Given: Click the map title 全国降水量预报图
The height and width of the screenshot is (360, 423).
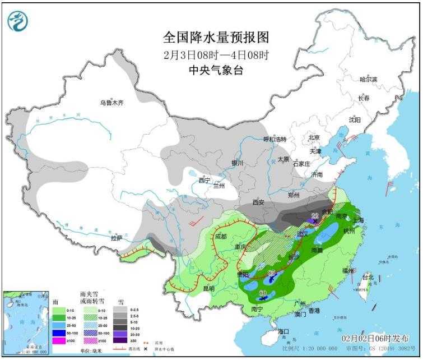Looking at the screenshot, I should pos(216,38).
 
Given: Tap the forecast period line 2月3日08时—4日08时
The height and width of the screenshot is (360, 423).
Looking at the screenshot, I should pos(216,56).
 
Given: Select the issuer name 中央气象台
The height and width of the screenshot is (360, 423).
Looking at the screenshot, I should pos(216,71).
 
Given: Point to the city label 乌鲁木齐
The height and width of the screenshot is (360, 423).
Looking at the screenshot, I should pos(111,103).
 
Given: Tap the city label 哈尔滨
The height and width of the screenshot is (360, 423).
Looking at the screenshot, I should pos(368,80).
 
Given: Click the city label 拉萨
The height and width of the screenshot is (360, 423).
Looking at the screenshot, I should pos(117,238).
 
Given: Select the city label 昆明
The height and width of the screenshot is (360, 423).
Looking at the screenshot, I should pos(208,288).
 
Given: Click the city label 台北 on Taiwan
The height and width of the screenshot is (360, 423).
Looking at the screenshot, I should pos(367,278).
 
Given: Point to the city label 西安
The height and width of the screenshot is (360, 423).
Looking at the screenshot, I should pos(258,202).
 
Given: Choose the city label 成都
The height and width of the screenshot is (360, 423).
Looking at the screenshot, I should pos(221,236).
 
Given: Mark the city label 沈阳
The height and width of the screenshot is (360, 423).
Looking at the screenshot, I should pos(355,119).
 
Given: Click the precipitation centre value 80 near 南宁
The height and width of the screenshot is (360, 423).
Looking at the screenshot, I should pos(263,293).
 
